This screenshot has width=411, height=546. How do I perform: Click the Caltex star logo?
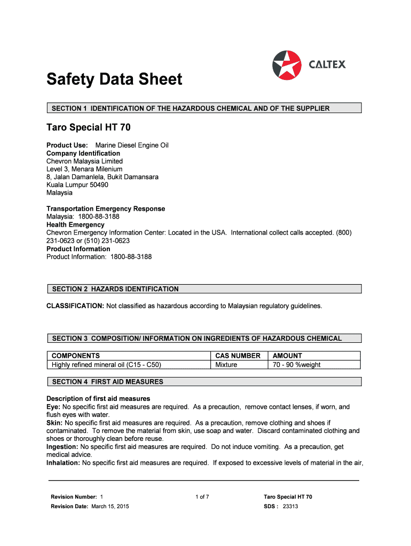coord(287,65)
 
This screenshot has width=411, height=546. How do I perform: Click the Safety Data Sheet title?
coord(114,80)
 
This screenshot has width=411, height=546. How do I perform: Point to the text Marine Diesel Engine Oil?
coord(132,145)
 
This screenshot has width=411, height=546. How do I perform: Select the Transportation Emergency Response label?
coord(106,208)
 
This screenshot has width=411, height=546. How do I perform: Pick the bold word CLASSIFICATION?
coord(75,306)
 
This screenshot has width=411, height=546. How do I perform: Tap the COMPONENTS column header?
coord(76,356)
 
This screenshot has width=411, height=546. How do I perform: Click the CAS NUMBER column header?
coord(238,356)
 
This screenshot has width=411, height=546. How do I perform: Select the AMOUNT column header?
coord(287,356)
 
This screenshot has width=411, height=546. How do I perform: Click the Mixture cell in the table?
coord(226,365)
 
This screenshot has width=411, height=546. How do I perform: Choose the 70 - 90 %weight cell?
coord(297,365)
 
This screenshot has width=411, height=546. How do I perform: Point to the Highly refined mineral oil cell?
coord(106,365)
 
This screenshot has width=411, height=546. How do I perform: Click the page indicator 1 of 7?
coord(202,497)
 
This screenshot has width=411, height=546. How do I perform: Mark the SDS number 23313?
coord(290,507)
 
